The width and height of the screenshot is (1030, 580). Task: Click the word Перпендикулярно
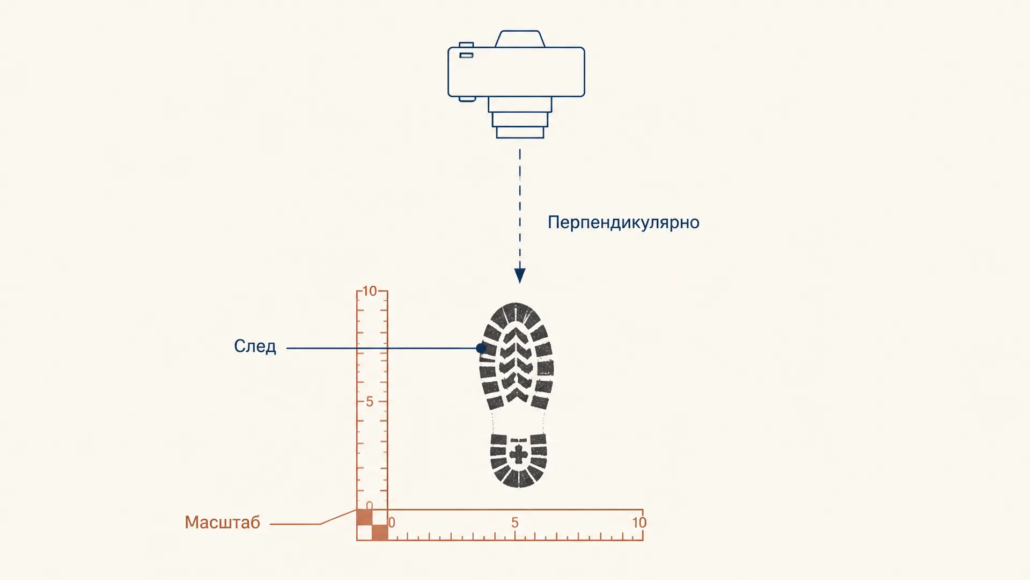(623, 222)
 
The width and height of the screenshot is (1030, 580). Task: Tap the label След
(255, 346)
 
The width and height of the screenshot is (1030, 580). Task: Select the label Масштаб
(222, 522)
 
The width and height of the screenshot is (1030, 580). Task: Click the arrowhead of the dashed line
(520, 275)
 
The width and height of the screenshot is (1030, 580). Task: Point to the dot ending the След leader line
(481, 348)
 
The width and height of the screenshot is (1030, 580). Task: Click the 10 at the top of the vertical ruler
(370, 291)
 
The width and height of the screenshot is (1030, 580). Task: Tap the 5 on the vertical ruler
(370, 402)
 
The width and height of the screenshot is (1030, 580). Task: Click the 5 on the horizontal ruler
(515, 523)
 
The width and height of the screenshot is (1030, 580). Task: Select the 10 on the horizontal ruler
(639, 523)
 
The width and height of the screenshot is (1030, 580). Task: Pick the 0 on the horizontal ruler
(392, 523)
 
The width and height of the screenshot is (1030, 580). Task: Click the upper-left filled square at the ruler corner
(364, 517)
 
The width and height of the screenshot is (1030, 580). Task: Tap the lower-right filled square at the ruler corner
(380, 533)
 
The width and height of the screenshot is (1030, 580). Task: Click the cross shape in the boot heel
(519, 454)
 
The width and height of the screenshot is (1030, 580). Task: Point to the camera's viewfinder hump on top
(520, 39)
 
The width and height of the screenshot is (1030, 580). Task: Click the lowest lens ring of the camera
(520, 133)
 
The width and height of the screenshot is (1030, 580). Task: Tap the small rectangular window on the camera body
(466, 55)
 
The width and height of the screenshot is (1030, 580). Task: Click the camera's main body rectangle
(516, 72)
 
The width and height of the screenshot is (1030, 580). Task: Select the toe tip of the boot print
(516, 304)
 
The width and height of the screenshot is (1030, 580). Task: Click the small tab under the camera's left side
(467, 99)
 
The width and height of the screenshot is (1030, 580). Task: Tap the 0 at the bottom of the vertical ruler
(369, 506)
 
